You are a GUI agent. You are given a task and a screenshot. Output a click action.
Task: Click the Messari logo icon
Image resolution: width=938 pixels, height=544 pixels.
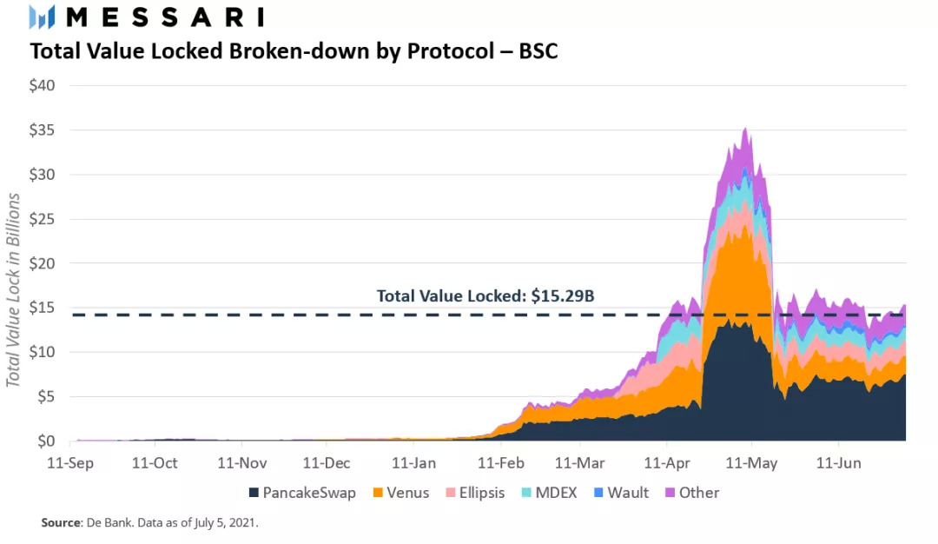tap(43, 17)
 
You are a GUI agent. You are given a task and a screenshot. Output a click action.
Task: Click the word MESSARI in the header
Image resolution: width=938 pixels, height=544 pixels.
tap(164, 17)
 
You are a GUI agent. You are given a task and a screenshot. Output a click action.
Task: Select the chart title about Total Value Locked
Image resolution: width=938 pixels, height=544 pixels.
tap(294, 51)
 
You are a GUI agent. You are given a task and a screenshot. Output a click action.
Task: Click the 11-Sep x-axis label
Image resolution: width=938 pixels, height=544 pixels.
tap(71, 463)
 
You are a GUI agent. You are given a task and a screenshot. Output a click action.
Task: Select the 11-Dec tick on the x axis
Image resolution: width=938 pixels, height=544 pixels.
tap(327, 463)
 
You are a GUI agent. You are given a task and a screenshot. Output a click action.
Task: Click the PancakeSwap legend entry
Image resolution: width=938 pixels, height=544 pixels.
tap(301, 493)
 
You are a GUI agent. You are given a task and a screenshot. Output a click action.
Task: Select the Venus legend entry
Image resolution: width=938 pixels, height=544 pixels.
tap(401, 493)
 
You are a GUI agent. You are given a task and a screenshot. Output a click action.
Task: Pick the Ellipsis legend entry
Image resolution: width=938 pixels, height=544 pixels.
tap(475, 493)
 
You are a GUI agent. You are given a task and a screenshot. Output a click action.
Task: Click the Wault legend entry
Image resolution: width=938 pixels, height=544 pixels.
tap(620, 493)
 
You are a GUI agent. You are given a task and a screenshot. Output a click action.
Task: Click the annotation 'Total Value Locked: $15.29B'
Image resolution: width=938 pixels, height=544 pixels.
tap(486, 295)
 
